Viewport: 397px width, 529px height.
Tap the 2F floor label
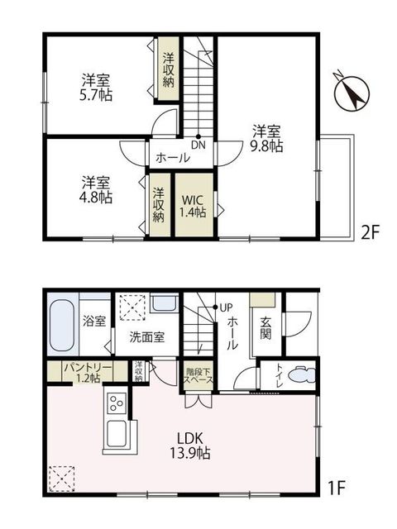371,233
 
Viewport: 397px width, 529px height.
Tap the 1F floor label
337,488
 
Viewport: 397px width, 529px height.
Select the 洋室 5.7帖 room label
96,88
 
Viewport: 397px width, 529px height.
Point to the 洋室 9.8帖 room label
266,139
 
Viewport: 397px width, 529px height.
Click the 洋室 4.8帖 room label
96,190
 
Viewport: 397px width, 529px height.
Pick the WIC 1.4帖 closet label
193,206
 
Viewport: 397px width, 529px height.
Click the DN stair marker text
198,145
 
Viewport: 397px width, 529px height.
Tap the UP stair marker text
226,307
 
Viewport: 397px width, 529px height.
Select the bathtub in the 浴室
62,326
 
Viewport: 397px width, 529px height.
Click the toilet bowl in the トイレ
302,375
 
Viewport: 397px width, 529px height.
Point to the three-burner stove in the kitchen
117,403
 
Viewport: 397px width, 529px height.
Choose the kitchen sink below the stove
117,434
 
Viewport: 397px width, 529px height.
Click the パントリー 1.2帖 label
88,373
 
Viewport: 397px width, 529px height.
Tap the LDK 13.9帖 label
190,446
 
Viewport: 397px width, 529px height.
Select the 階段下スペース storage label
198,376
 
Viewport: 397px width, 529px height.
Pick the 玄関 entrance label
265,328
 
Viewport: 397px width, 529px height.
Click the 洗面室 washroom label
147,337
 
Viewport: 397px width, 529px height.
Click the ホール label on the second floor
172,158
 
